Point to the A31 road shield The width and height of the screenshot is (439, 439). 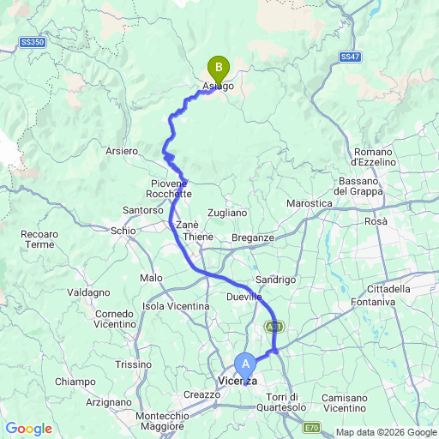(273, 328)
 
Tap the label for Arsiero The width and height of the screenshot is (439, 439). (122, 151)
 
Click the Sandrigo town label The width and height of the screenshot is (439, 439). (276, 280)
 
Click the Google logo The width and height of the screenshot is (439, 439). (29, 429)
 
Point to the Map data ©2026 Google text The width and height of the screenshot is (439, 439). (385, 431)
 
